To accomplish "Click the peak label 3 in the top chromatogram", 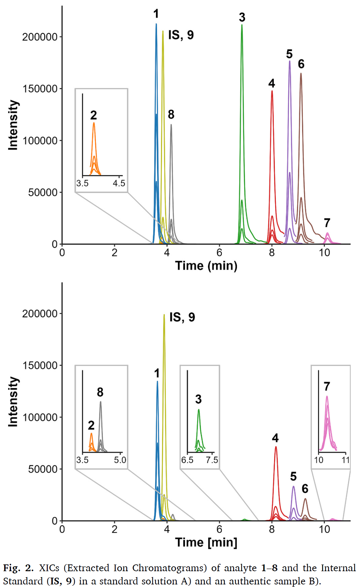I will click(242, 17).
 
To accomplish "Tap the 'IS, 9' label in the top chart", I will click(181, 35).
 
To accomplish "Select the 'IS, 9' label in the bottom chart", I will click(182, 317).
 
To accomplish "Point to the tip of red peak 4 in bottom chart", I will click(276, 447).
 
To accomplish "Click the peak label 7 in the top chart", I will click(327, 223).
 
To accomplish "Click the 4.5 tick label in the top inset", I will click(119, 183).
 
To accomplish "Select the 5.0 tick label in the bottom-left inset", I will click(120, 460).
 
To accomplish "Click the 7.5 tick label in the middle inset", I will click(212, 460).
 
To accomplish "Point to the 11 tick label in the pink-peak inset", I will click(346, 460).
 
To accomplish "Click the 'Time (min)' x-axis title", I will click(206, 266).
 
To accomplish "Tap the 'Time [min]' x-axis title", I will click(206, 542).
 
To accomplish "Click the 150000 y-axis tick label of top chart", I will click(40, 89).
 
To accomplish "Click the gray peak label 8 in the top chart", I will click(171, 114).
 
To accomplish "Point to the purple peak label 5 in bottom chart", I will click(293, 476).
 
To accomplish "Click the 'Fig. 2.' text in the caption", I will click(18, 568).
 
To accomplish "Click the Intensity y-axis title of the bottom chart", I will click(13, 402).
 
